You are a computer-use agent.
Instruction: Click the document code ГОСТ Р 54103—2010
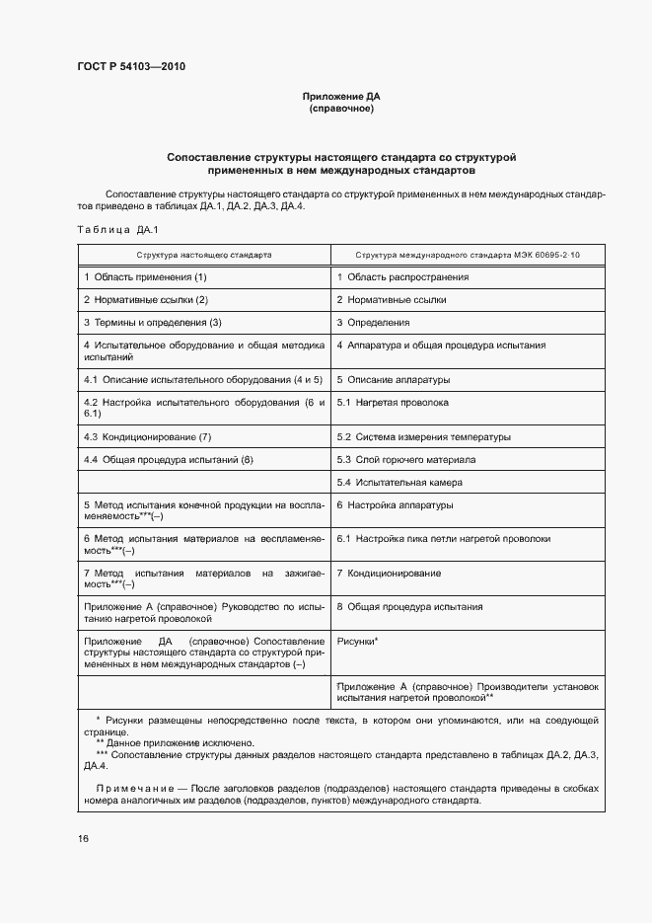[130, 67]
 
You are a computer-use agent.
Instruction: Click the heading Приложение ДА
[340, 97]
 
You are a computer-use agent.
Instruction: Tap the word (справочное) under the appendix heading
[340, 109]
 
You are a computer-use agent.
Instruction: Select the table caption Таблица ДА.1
[111, 230]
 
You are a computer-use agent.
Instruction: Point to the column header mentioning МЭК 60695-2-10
[468, 255]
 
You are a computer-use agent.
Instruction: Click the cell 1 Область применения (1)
[145, 277]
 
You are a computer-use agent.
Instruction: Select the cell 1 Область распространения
[402, 277]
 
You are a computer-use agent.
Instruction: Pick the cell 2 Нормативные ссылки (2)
[145, 299]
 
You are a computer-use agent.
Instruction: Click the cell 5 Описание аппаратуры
[393, 379]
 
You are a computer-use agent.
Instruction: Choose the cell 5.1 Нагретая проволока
[393, 403]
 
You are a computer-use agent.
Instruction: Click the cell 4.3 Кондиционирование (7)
[147, 436]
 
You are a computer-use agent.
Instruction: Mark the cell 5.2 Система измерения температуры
[423, 436]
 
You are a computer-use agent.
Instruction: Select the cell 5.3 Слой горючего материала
[406, 460]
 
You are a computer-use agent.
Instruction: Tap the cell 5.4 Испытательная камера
[399, 483]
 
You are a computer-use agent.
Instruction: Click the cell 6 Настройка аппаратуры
[395, 505]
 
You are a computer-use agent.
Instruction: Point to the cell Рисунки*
[358, 641]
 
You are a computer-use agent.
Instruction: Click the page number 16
[83, 838]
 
